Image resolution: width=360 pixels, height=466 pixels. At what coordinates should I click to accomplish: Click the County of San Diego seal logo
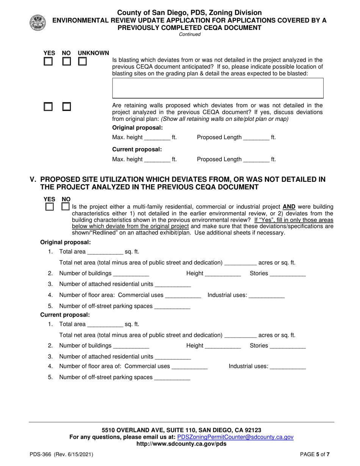click(37, 23)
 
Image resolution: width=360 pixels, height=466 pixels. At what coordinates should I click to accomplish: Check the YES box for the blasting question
click(48, 62)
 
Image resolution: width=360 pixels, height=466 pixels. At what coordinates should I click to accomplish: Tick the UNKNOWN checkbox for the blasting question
click(82, 62)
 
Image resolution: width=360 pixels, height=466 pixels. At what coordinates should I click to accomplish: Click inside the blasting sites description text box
click(218, 89)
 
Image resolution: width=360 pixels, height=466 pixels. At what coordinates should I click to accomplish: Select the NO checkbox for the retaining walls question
click(66, 107)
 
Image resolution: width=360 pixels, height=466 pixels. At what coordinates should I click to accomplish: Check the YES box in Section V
click(49, 207)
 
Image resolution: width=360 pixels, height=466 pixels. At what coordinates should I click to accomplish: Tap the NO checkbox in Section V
click(65, 207)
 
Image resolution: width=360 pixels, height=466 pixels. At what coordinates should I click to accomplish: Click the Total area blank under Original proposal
click(105, 252)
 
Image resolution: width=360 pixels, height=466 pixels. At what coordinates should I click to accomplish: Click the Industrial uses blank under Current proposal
click(288, 367)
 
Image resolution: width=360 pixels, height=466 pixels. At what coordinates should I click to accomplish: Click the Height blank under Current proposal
click(223, 346)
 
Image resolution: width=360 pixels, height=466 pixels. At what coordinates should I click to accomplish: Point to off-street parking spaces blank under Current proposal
click(172, 378)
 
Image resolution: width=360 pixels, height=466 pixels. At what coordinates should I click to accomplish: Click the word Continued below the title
click(189, 34)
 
